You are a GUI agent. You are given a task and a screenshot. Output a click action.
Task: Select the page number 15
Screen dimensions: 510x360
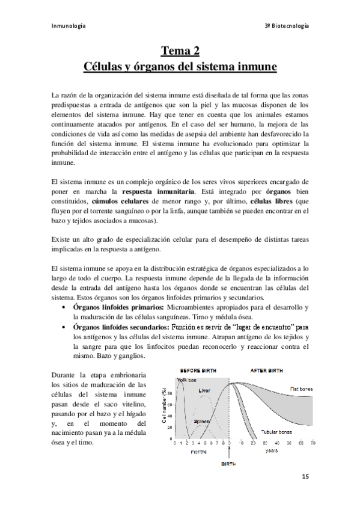[x=305, y=477]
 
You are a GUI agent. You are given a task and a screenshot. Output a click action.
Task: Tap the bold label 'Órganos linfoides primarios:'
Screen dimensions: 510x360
[x=114, y=307]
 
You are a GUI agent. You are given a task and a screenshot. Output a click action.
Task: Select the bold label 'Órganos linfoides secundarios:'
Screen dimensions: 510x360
[x=118, y=327]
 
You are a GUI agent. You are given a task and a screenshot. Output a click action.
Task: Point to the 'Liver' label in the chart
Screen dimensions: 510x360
[x=204, y=390]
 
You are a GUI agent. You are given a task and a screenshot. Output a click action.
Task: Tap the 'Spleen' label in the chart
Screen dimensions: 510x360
[x=202, y=421]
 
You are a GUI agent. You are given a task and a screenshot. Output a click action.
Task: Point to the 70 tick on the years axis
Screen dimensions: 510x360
[x=313, y=443]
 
